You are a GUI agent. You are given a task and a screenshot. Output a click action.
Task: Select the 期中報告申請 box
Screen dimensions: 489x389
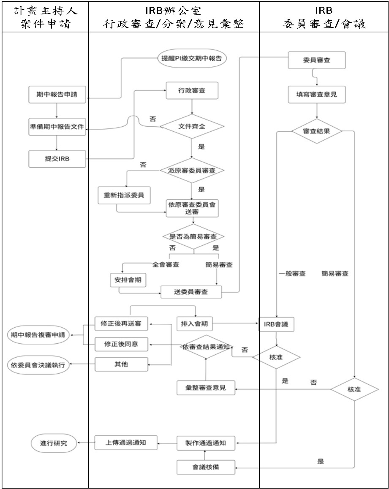(x=57, y=94)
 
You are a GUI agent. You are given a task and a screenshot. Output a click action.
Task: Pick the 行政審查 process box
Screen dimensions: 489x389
(x=192, y=90)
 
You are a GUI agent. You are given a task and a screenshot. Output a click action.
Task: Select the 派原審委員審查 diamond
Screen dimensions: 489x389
(x=192, y=171)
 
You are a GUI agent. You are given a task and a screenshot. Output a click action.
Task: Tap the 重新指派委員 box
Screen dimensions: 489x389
(x=124, y=195)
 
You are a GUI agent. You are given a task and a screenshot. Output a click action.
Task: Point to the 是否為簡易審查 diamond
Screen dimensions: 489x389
(x=193, y=236)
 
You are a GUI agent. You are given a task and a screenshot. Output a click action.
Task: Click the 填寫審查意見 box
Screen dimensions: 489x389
(x=317, y=95)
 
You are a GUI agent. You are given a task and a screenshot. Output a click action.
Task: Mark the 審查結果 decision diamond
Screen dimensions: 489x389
(x=317, y=131)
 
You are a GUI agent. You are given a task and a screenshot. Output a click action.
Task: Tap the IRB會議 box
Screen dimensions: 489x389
(x=276, y=325)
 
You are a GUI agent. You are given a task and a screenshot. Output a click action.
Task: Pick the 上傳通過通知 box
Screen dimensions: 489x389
(x=125, y=443)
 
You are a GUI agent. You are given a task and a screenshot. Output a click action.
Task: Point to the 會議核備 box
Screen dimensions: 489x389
(x=205, y=467)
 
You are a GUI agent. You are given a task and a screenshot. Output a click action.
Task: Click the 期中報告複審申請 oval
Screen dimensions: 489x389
(x=39, y=335)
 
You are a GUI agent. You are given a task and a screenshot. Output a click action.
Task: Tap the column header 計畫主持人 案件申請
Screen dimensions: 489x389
(x=44, y=16)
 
